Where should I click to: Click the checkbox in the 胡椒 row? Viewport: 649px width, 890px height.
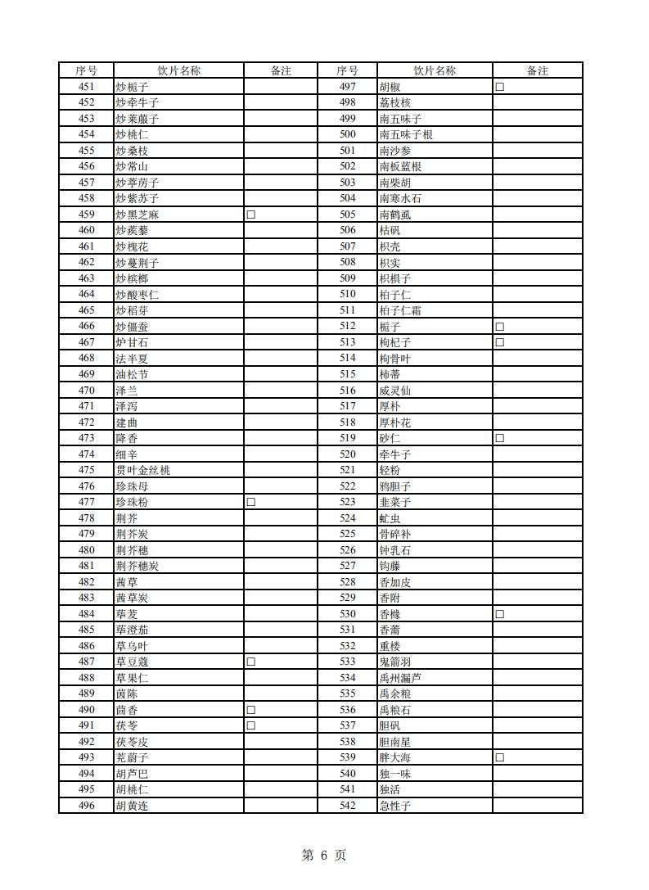pyautogui.click(x=498, y=87)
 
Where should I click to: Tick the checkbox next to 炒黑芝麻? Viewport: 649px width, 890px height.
pyautogui.click(x=251, y=215)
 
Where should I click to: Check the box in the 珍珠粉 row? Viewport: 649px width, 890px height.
pyautogui.click(x=251, y=502)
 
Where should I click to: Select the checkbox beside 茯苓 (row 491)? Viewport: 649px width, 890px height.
pyautogui.click(x=251, y=725)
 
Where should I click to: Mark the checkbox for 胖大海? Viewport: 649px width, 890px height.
pyautogui.click(x=498, y=757)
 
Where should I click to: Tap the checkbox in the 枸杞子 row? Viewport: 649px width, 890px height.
pyautogui.click(x=498, y=342)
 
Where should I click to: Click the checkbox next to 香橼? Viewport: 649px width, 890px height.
pyautogui.click(x=498, y=614)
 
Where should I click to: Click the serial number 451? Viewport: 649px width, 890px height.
pyautogui.click(x=86, y=87)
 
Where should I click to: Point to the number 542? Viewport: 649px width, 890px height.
pyautogui.click(x=348, y=806)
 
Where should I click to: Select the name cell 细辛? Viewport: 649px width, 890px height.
pyautogui.click(x=127, y=454)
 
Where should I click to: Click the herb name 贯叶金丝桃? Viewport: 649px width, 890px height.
pyautogui.click(x=143, y=470)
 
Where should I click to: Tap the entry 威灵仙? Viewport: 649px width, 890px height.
pyautogui.click(x=395, y=391)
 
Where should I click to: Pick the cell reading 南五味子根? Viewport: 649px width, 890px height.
pyautogui.click(x=406, y=135)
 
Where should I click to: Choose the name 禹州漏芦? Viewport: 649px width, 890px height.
pyautogui.click(x=401, y=678)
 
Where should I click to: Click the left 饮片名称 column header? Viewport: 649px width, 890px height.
pyautogui.click(x=178, y=71)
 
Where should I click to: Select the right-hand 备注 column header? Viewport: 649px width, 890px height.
pyautogui.click(x=537, y=71)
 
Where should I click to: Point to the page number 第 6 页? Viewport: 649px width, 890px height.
pyautogui.click(x=324, y=856)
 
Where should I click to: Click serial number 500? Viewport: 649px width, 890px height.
pyautogui.click(x=348, y=135)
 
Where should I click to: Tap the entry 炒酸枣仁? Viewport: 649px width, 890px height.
pyautogui.click(x=137, y=295)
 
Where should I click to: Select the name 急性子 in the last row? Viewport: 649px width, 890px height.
pyautogui.click(x=395, y=806)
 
